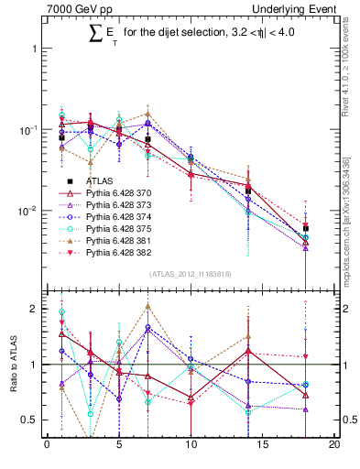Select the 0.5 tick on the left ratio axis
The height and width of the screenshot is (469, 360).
pyautogui.click(x=27, y=420)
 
